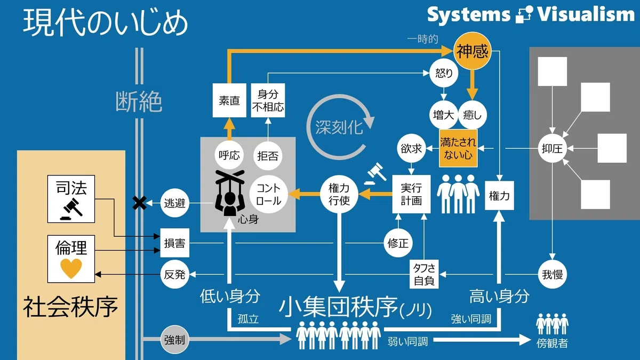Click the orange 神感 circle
coord(473,51)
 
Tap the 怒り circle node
coord(444,73)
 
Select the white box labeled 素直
coord(229,100)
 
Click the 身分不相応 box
coord(268,100)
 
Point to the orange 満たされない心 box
coord(458,148)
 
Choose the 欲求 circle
coord(411,148)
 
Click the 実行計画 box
coord(411,194)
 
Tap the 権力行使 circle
coord(339,194)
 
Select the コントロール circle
coord(268,194)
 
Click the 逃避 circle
coord(174,203)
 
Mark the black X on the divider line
coord(139,203)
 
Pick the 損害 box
coord(174,243)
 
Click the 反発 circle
coord(174,274)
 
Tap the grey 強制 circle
coord(174,340)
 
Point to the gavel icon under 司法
coord(71,210)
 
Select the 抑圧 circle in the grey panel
coord(552,148)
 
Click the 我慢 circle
coord(552,274)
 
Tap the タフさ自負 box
coord(424,274)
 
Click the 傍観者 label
coord(552,343)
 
